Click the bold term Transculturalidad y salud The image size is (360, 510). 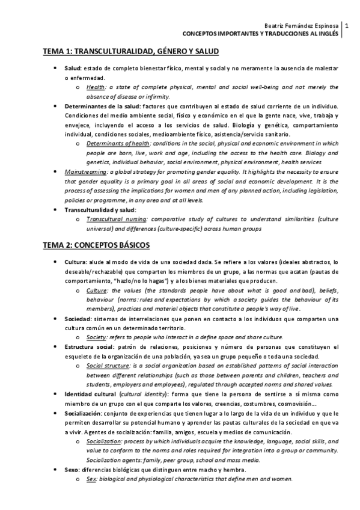[100, 210]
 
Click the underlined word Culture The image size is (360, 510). [97, 290]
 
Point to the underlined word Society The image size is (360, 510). [96, 337]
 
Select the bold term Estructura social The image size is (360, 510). [90, 347]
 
